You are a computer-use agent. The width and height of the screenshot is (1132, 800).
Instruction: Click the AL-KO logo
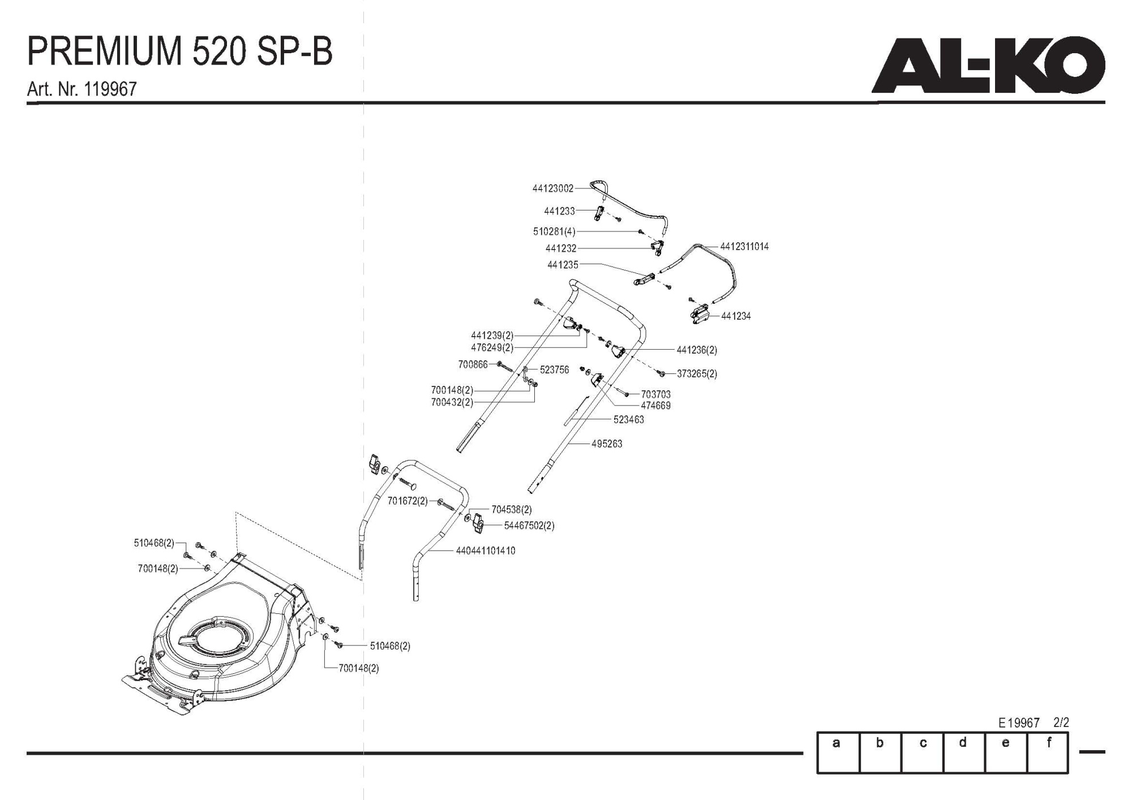(988, 66)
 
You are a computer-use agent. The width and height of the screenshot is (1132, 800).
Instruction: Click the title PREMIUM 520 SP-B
(180, 53)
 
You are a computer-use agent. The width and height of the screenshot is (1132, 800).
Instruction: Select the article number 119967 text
(82, 89)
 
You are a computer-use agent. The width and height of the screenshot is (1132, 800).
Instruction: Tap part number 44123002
(552, 188)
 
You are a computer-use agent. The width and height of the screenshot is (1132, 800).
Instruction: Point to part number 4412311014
(744, 247)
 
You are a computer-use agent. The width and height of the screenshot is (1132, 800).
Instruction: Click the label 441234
(736, 316)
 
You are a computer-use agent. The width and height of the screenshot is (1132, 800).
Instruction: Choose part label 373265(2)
(697, 374)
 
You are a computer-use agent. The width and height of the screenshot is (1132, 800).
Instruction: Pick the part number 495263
(607, 444)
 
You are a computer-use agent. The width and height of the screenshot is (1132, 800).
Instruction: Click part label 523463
(628, 420)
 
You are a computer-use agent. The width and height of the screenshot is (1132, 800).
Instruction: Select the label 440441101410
(486, 550)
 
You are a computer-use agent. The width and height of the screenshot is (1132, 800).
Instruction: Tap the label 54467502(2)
(529, 526)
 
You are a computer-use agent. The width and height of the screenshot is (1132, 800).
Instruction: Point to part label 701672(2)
(408, 501)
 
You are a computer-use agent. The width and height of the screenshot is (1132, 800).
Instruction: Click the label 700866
(473, 365)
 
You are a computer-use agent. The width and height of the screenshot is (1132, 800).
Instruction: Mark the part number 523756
(554, 370)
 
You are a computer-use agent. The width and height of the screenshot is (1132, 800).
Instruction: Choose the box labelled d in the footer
(964, 752)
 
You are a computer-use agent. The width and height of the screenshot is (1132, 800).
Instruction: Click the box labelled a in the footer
(838, 752)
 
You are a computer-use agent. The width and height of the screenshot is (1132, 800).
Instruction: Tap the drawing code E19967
(1019, 723)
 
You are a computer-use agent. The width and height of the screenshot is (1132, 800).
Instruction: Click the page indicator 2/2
(1061, 723)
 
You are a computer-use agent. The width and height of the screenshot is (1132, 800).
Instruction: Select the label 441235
(563, 265)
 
